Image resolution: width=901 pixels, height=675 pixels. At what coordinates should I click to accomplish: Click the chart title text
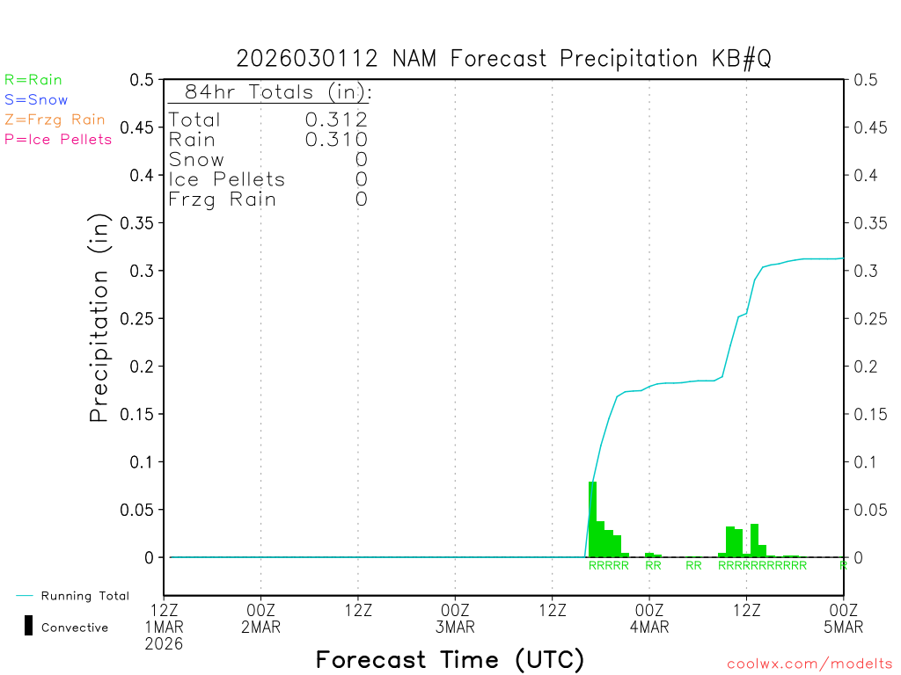[503, 59]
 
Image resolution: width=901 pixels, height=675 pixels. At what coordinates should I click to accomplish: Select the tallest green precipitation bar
[592, 519]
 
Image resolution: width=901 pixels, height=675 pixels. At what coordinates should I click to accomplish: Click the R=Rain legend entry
[33, 80]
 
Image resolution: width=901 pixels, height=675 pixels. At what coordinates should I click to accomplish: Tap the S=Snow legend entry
[36, 100]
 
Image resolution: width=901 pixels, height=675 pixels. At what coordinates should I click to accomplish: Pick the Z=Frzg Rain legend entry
[55, 120]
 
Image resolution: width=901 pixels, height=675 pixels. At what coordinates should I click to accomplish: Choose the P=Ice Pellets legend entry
[58, 139]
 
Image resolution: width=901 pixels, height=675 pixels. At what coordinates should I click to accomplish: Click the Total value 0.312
[336, 120]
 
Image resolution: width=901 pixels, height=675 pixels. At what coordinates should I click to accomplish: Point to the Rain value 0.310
[336, 140]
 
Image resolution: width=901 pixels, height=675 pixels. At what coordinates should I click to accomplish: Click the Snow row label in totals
[196, 160]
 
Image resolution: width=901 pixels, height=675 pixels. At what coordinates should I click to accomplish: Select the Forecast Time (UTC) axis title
[450, 659]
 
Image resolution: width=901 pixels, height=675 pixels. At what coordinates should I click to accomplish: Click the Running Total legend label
[84, 596]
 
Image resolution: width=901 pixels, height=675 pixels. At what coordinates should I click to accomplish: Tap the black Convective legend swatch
[29, 626]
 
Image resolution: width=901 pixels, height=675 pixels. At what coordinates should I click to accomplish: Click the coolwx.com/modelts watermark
[809, 664]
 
